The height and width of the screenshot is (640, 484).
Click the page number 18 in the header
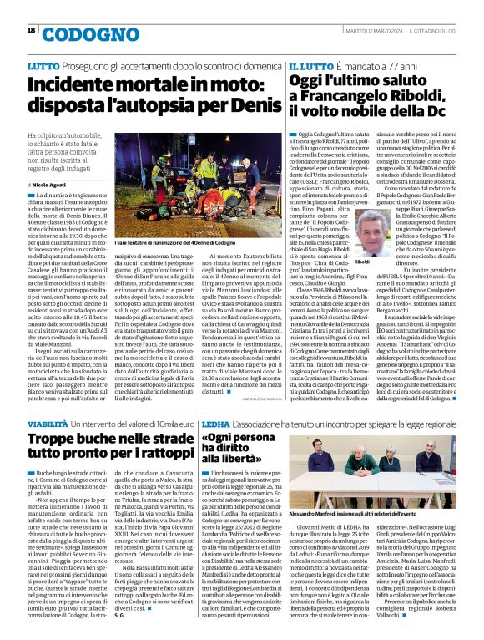31,30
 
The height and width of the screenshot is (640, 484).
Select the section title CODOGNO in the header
78,34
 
